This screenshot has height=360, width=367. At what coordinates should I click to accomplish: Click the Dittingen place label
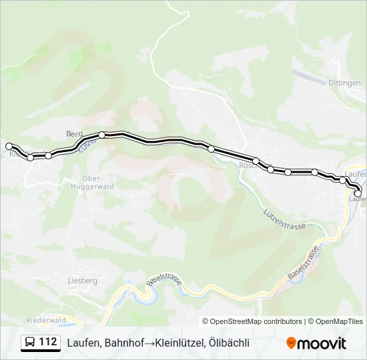(344, 83)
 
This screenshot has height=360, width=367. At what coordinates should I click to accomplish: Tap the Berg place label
(73, 134)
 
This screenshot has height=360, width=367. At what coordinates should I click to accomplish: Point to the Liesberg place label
(82, 281)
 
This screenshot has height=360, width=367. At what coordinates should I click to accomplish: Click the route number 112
(48, 342)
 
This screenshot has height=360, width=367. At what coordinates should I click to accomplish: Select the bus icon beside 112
(30, 343)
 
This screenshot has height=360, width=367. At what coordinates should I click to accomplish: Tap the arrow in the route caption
(149, 343)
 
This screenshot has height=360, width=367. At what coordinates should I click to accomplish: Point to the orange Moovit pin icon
(292, 343)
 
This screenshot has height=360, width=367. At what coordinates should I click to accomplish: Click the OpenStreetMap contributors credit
(252, 321)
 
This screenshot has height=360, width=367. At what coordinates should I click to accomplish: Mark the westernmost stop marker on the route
(9, 146)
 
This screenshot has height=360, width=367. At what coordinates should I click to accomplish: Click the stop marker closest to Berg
(101, 135)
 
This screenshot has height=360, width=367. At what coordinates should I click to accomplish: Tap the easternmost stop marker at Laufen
(358, 193)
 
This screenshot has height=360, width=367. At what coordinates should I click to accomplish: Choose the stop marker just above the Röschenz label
(256, 161)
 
